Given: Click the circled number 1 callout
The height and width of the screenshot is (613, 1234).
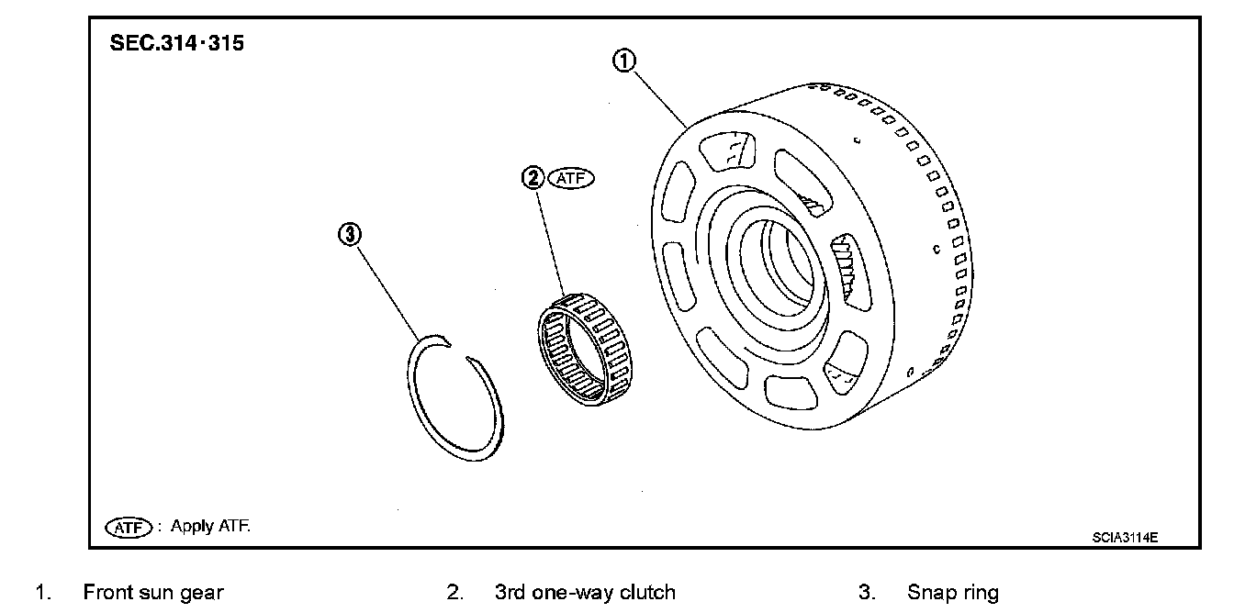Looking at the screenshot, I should click(x=623, y=62).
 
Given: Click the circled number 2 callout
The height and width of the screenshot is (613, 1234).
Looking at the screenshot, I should click(x=533, y=179).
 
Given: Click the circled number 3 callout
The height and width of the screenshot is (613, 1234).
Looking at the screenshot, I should click(x=348, y=235).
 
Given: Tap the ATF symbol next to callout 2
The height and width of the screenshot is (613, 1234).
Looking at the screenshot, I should click(x=571, y=179).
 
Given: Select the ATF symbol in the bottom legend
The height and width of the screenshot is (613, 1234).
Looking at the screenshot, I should click(x=129, y=528).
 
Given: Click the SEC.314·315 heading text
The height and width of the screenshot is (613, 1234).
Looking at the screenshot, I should click(x=177, y=43).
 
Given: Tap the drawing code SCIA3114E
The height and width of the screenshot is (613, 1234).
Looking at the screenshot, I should click(x=1125, y=538).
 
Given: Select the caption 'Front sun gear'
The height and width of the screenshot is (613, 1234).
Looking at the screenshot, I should click(x=153, y=593).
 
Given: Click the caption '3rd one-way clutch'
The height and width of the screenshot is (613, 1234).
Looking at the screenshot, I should click(x=585, y=593).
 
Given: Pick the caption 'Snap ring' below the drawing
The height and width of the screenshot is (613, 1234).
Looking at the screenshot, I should click(x=952, y=593).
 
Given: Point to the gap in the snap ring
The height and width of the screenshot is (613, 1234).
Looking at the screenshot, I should click(x=459, y=351).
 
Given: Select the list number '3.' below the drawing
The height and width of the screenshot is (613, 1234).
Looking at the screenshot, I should click(x=866, y=593).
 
